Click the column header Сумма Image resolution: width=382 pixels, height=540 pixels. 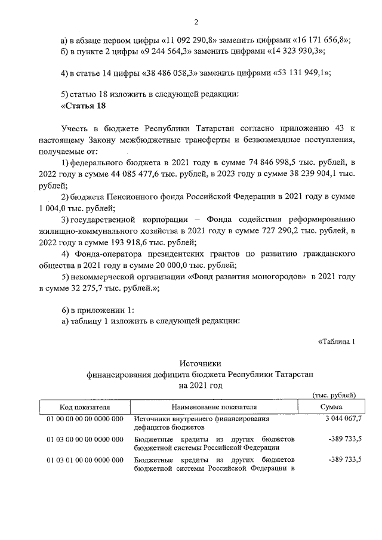point(331,406)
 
